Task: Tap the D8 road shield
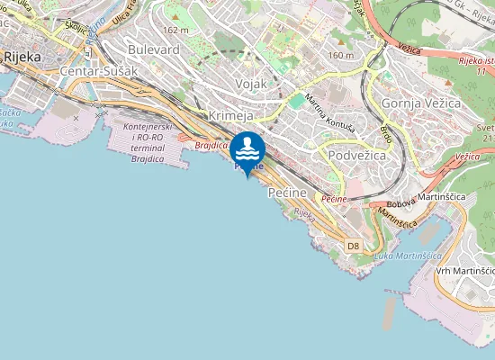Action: point(353,245)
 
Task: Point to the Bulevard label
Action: point(154,49)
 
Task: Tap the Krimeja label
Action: point(229,117)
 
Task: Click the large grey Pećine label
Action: point(289,193)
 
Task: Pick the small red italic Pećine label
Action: point(334,198)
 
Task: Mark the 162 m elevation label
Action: point(178,30)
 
